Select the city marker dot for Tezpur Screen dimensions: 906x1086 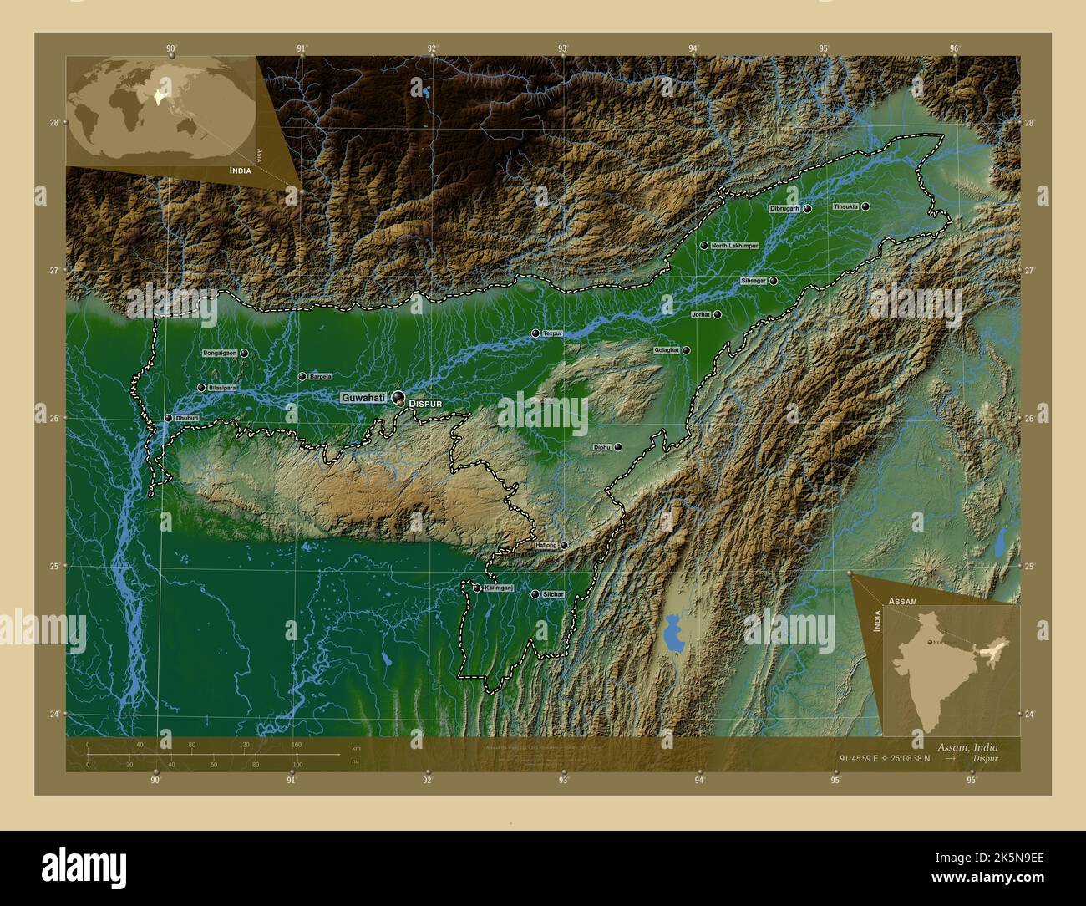tap(535, 333)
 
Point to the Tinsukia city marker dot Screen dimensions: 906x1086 tap(866, 206)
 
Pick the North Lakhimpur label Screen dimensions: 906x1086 tap(734, 246)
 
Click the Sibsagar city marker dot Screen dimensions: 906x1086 tap(774, 281)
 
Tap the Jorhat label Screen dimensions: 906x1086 tap(700, 314)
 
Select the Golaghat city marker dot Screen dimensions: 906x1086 tap(686, 350)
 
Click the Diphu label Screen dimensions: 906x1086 tap(601, 448)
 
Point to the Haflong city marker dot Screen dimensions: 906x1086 tap(564, 546)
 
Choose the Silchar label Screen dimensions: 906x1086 tap(553, 594)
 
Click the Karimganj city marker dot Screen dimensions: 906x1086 tap(477, 588)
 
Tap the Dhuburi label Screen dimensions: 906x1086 tap(186, 418)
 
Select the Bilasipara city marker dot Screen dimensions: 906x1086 tap(201, 388)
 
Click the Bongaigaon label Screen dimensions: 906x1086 tap(220, 354)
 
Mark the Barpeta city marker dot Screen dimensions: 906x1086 tap(302, 377)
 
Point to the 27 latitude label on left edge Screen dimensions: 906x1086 tap(54, 271)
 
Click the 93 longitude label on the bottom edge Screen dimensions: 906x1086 tap(564, 781)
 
